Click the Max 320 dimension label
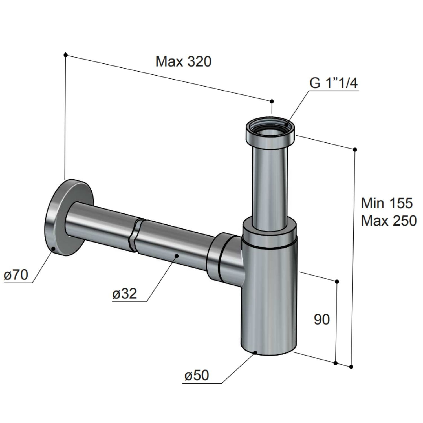click(183, 62)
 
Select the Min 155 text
click(387, 203)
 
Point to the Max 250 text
click(389, 221)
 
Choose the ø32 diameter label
click(124, 294)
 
